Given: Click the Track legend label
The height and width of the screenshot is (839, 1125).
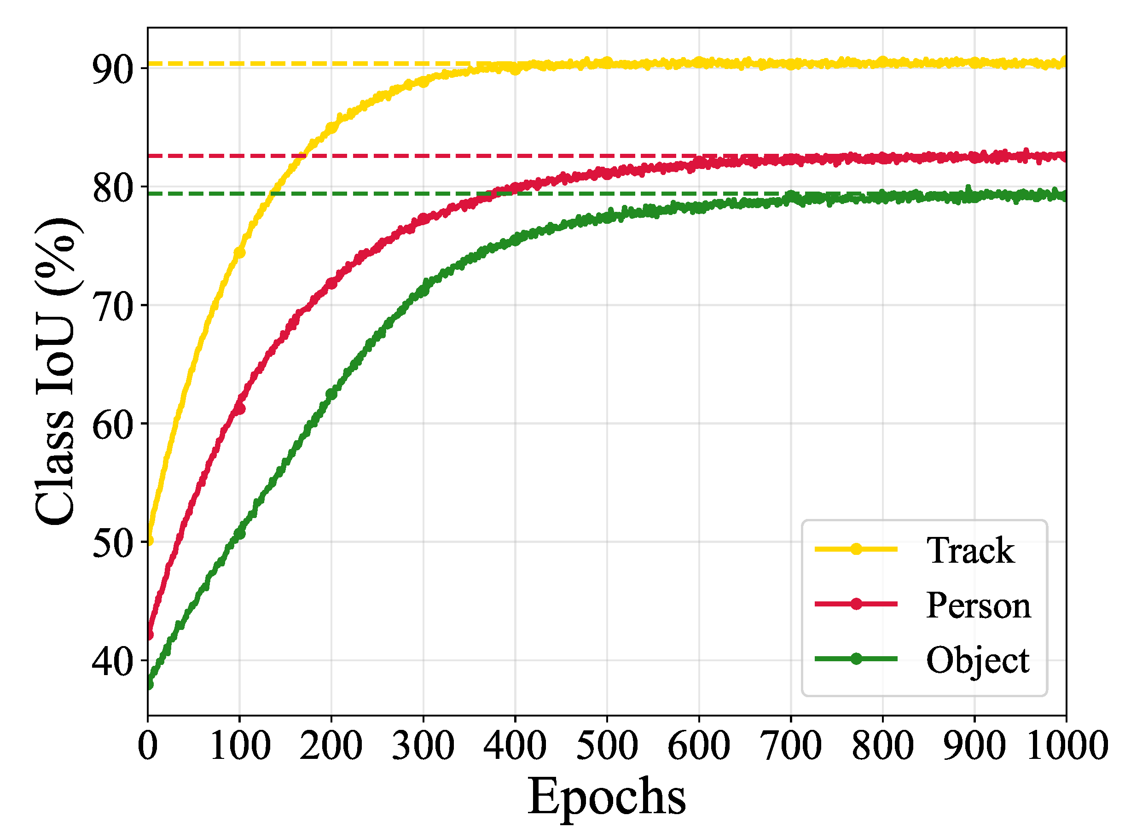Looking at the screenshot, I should pos(970,551).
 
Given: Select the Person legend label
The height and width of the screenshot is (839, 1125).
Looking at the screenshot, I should pos(978,606).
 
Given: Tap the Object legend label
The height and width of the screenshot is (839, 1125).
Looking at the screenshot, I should pos(977,661).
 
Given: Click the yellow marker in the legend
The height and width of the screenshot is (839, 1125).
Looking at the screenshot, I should pos(856,549).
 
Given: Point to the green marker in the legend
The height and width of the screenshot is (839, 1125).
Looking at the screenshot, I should pos(856,658).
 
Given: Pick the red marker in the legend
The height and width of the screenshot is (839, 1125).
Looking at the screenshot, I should pos(856,604).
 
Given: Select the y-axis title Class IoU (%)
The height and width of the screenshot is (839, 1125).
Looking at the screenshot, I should pos(56,371).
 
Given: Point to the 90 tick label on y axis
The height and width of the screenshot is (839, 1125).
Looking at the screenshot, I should pos(112,69).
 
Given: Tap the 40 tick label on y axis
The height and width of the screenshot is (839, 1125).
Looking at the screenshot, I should pos(112,661).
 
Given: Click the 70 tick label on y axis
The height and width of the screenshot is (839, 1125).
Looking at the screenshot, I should pos(112,306).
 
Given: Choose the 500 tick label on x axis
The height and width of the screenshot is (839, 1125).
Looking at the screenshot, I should pos(607,746).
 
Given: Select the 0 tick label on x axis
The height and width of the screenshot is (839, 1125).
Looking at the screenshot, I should pos(148,746).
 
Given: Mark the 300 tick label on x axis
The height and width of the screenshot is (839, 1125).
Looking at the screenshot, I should pos(423,746).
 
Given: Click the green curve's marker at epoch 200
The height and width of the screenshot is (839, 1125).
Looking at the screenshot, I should pos(331,394).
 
